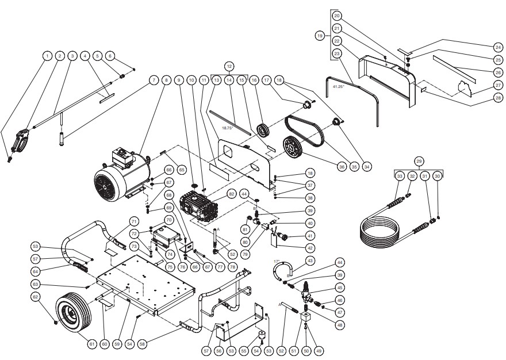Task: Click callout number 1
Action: [46, 56]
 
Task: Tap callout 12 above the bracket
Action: [229, 66]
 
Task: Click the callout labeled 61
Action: [91, 344]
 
